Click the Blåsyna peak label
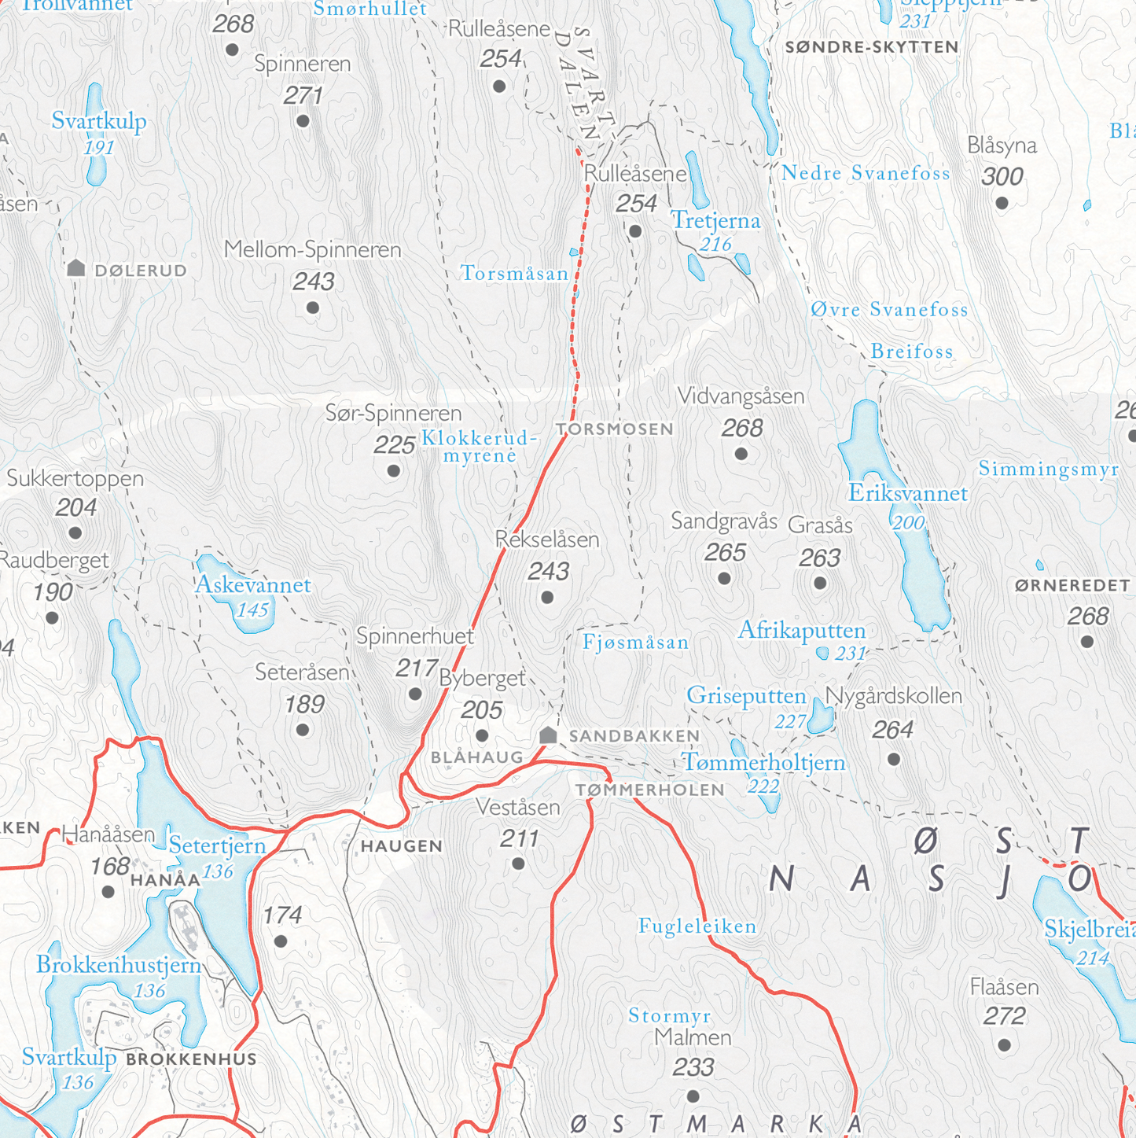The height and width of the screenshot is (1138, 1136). tap(1002, 146)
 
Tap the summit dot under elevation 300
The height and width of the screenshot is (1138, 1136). tap(1002, 204)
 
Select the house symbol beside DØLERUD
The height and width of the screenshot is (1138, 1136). tap(76, 268)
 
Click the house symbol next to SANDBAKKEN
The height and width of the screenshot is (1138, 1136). tap(548, 735)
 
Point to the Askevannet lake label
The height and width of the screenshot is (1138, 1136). tap(252, 585)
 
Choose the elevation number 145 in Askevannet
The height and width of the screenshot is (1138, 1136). tap(252, 610)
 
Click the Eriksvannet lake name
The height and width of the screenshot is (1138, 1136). tap(907, 494)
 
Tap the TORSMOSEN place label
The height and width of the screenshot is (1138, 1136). tap(615, 429)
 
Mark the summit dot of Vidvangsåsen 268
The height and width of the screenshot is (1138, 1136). tap(741, 454)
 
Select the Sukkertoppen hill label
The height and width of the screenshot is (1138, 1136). tap(75, 478)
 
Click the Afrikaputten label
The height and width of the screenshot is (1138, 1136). tap(801, 631)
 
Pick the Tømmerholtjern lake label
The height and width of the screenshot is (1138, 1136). tap(763, 762)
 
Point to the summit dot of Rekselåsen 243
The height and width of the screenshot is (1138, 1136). tap(547, 598)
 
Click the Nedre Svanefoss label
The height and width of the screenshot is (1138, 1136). tap(866, 174)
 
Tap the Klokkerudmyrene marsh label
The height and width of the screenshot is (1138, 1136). tap(480, 446)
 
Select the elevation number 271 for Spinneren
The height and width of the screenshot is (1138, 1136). tap(303, 96)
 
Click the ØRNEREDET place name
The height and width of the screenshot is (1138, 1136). tap(1072, 586)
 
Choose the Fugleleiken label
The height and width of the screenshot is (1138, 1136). tap(697, 926)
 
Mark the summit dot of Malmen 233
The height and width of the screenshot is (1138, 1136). tap(693, 1096)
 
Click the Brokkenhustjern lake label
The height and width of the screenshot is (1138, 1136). tap(119, 965)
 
